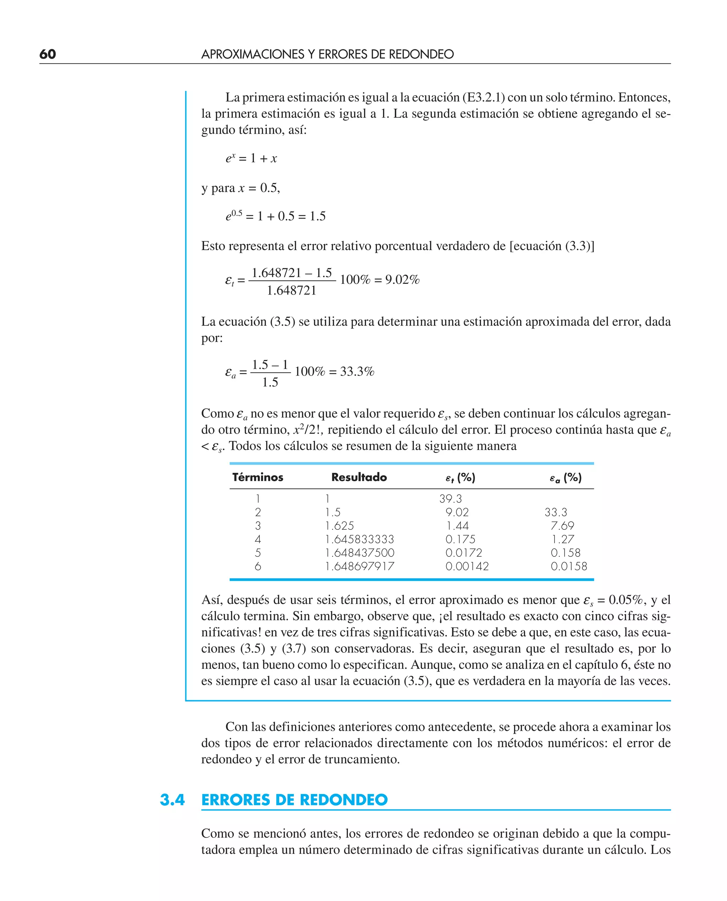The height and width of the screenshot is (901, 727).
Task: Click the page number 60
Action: [47, 54]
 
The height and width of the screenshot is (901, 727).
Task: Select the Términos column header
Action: [258, 477]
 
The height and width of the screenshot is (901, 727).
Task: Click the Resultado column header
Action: [359, 477]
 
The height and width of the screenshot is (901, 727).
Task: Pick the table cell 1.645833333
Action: [359, 539]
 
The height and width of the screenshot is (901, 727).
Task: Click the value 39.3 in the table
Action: [450, 499]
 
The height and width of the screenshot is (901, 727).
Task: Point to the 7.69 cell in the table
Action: [562, 525]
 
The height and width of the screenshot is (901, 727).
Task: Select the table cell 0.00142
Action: [467, 566]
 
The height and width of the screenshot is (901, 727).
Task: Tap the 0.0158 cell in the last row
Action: [569, 566]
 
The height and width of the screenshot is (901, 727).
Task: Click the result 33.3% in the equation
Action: [357, 371]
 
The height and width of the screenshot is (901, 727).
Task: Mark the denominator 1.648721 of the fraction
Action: [291, 290]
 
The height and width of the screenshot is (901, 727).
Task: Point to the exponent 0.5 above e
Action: [237, 213]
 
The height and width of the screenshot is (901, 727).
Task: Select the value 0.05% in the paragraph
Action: [626, 600]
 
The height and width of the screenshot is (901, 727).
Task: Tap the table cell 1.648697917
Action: [359, 566]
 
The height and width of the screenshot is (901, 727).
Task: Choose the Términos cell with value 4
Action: [258, 539]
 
